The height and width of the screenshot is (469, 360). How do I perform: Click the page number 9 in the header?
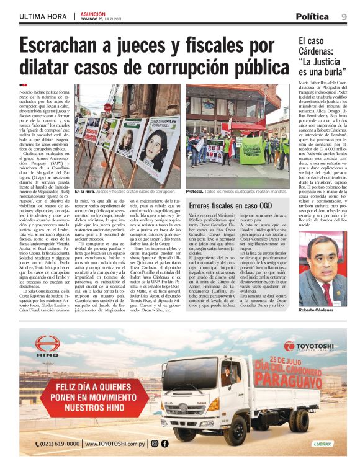(x=344, y=16)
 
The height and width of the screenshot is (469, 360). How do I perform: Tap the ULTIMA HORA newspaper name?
(x=43, y=16)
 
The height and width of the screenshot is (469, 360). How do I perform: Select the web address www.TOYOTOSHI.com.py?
(x=117, y=444)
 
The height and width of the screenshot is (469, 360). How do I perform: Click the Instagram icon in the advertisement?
(x=155, y=444)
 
